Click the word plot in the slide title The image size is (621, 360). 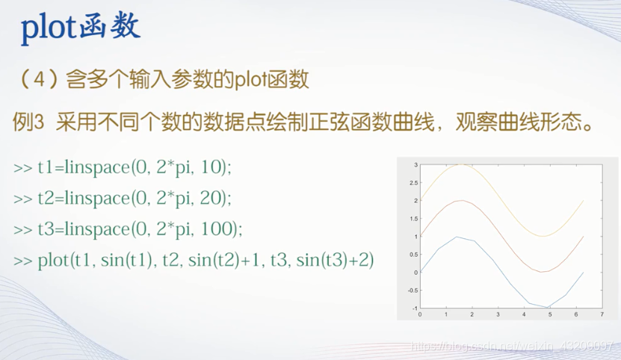[x=49, y=28]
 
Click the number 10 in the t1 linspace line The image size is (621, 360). [x=211, y=167]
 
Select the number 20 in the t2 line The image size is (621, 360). [x=210, y=198]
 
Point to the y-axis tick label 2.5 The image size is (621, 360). [x=413, y=182]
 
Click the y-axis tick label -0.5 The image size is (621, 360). [x=413, y=291]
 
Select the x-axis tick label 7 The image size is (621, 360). [x=602, y=314]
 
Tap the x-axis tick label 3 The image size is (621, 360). [x=498, y=314]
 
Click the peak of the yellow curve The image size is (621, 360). [x=461, y=165]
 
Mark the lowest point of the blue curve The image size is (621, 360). [x=547, y=307]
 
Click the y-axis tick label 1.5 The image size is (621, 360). [x=413, y=219]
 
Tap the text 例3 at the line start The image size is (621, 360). [x=28, y=122]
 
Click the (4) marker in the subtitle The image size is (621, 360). [x=39, y=79]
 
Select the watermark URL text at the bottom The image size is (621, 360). [x=512, y=346]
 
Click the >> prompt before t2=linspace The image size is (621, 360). [x=23, y=199]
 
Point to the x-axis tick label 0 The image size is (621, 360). [x=420, y=314]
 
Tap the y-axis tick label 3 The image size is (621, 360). [x=415, y=165]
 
